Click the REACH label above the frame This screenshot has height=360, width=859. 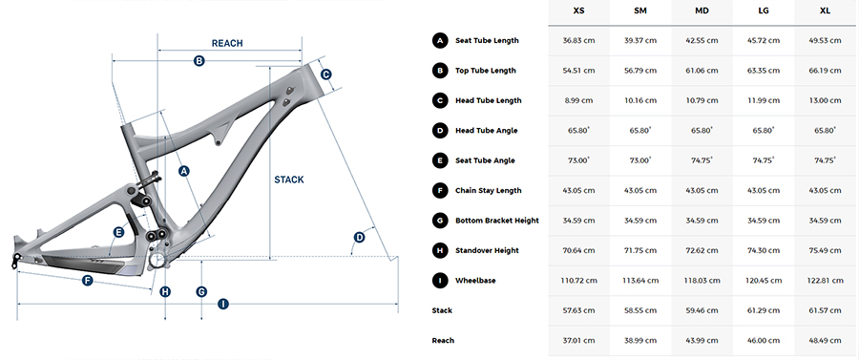227,43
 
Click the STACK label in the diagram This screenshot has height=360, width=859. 288,180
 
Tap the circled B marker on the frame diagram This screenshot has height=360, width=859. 199,61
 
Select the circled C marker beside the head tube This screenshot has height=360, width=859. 325,74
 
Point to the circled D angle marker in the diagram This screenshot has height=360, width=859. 360,237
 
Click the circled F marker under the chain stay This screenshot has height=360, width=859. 87,281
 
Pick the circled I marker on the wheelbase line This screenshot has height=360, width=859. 222,304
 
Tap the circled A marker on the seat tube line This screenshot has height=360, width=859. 184,171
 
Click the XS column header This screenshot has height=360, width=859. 578,11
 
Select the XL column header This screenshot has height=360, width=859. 825,11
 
